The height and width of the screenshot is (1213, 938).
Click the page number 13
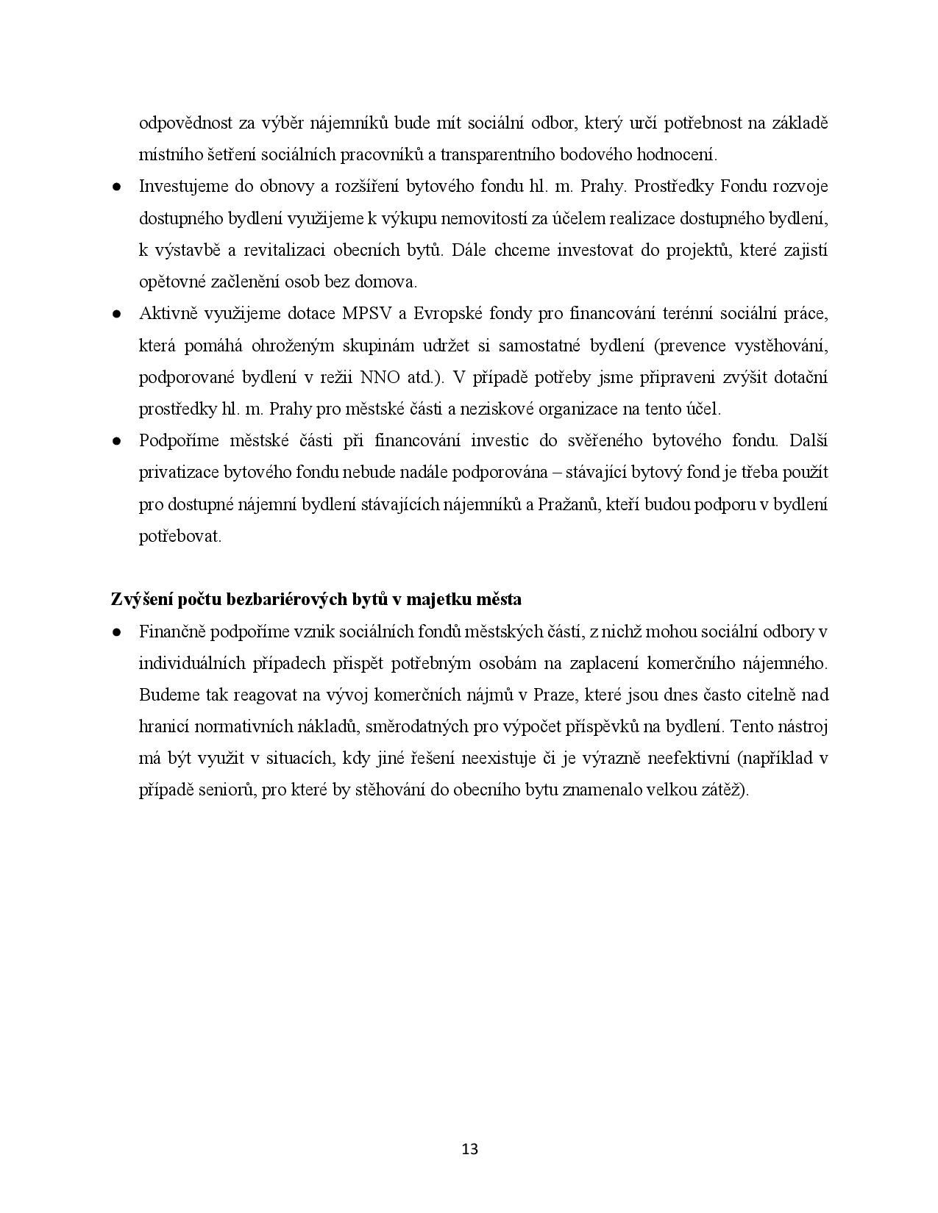(469, 1148)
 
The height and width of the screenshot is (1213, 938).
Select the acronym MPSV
(366, 314)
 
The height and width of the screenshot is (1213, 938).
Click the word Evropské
(447, 314)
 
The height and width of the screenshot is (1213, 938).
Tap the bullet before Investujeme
(116, 187)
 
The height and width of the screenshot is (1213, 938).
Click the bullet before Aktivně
(116, 314)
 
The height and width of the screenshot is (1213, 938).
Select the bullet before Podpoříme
(116, 441)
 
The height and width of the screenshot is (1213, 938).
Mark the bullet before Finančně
(116, 631)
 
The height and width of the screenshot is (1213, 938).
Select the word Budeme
(164, 695)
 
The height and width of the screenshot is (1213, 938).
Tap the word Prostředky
(673, 187)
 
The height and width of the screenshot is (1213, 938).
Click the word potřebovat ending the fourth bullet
(180, 536)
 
